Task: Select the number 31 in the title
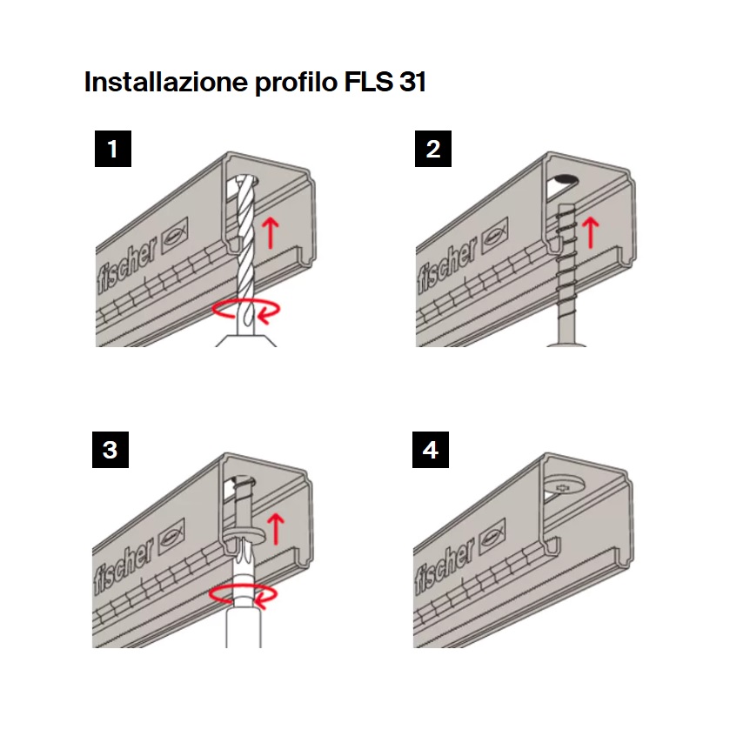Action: tap(407, 83)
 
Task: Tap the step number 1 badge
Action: tap(112, 148)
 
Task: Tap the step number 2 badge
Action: tap(433, 148)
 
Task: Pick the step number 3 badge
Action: tap(110, 450)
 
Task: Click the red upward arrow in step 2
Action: tap(591, 231)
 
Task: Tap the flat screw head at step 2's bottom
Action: tap(566, 345)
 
